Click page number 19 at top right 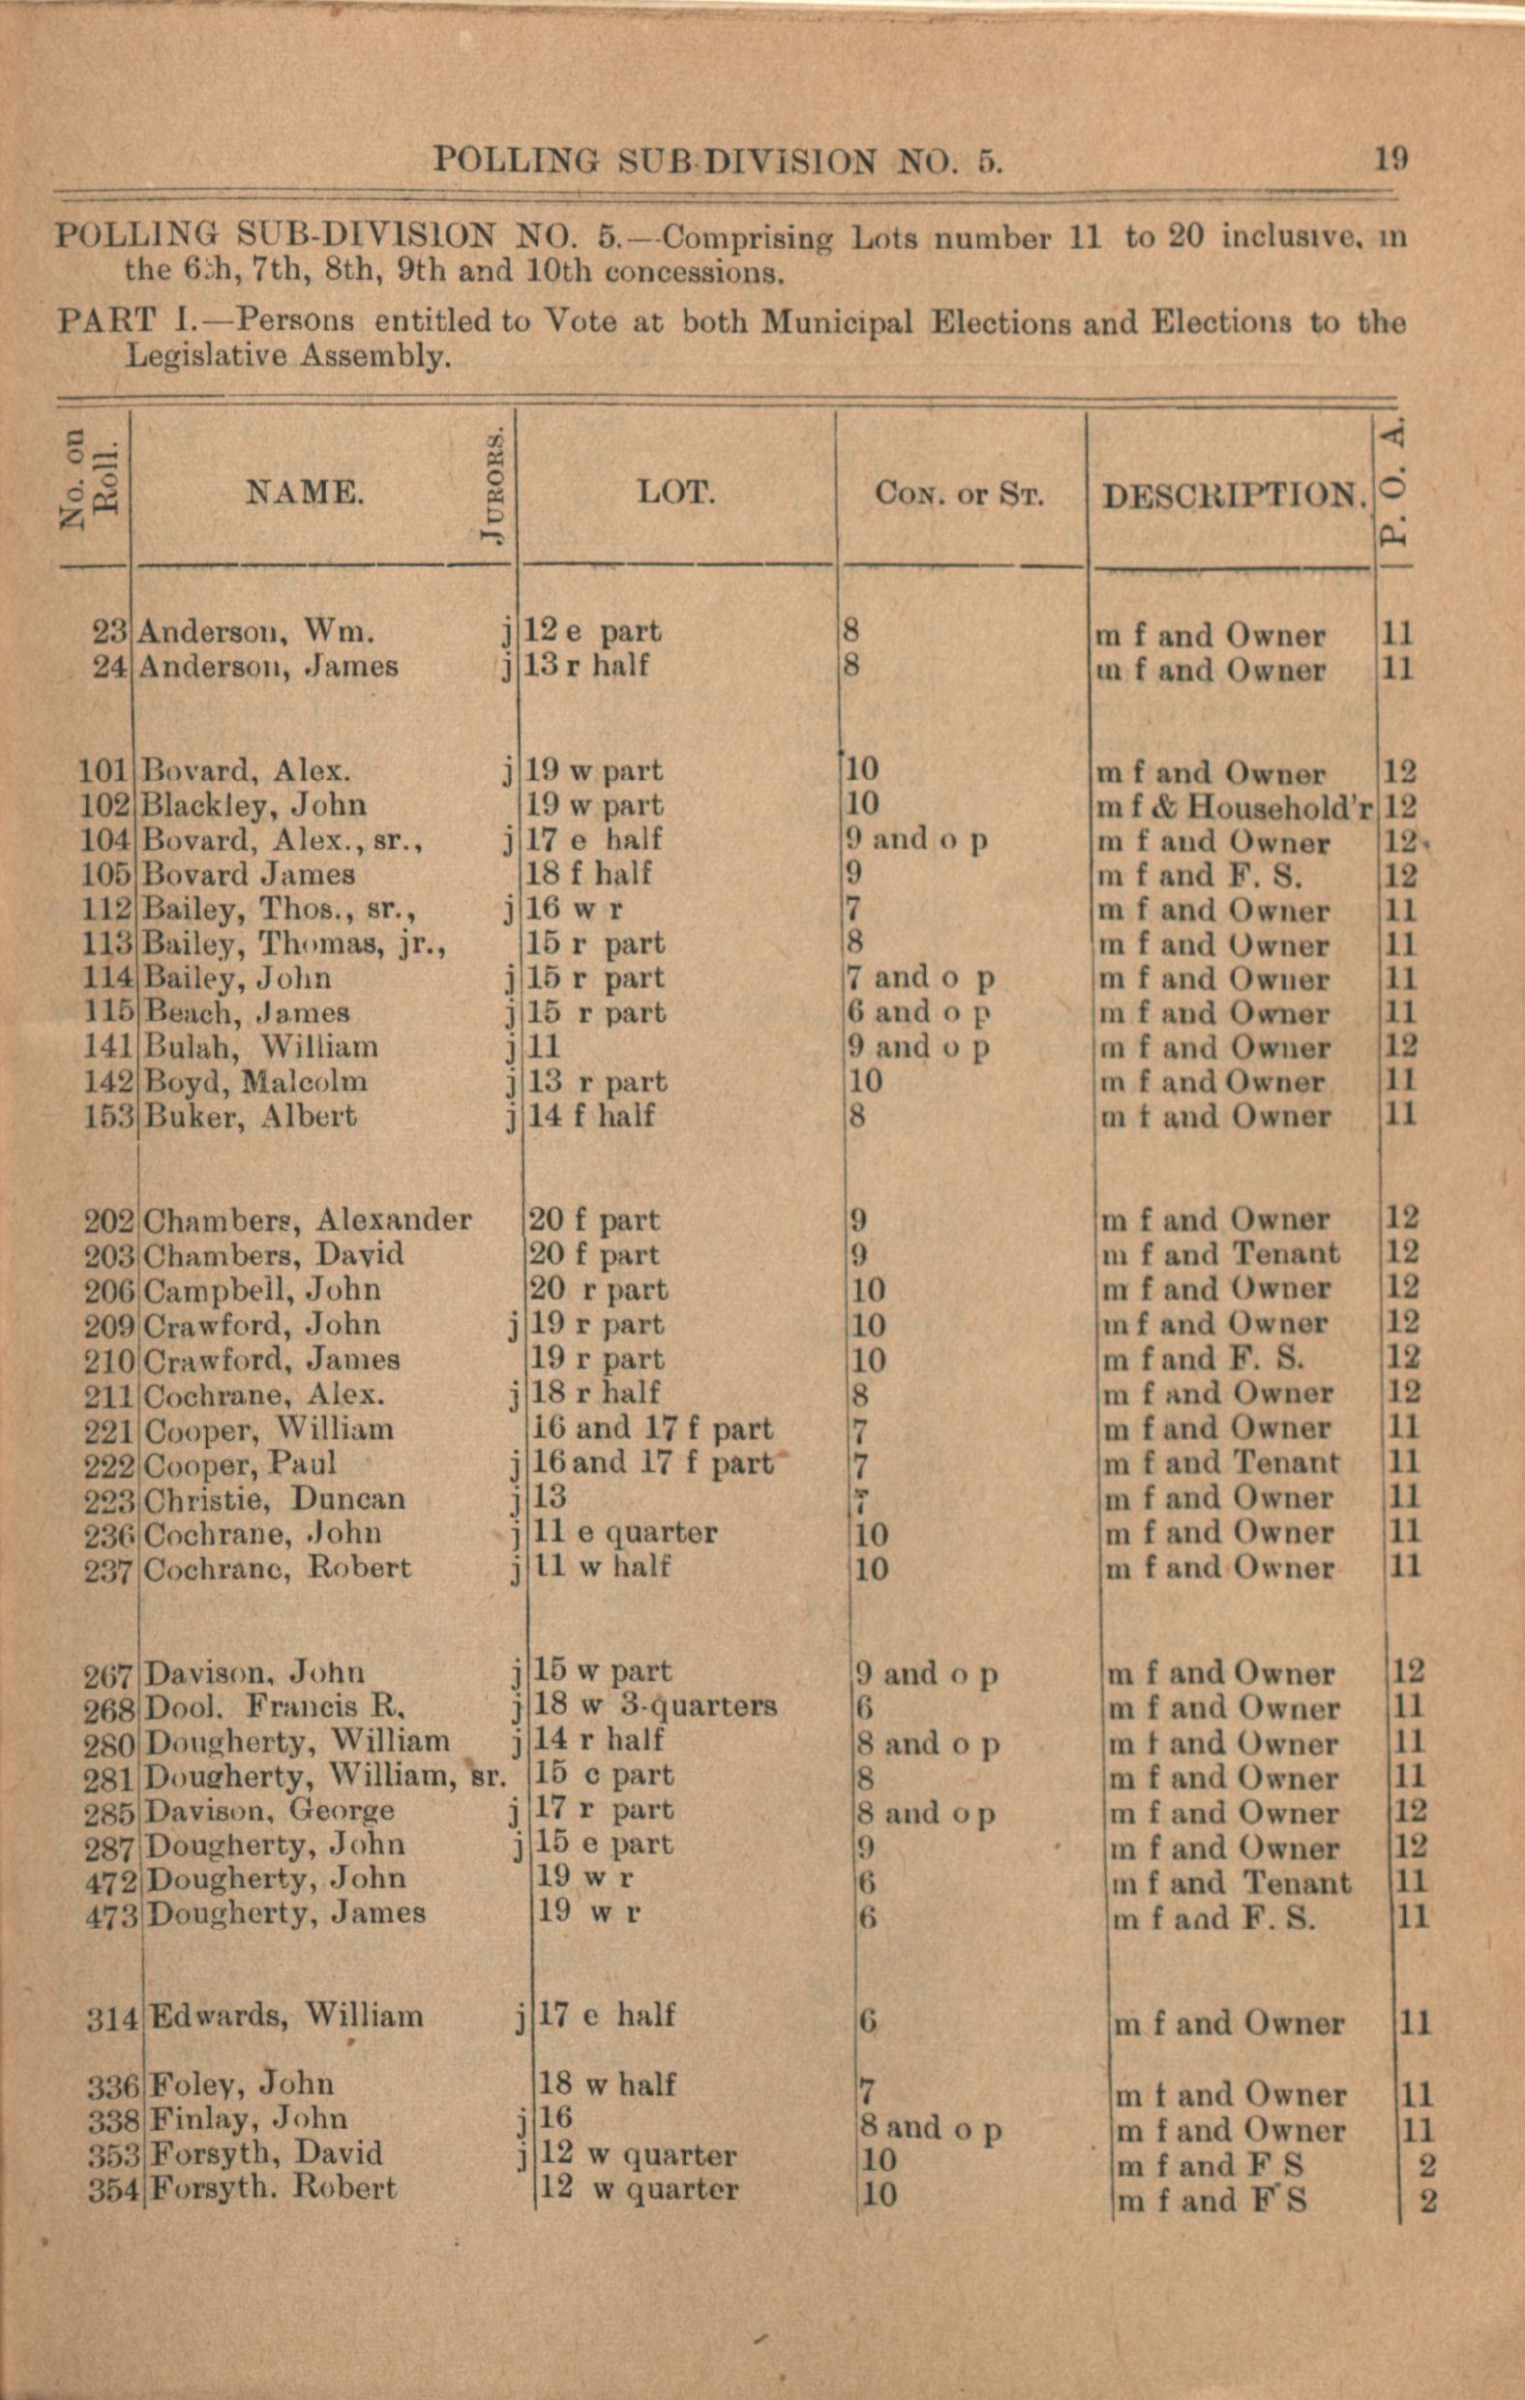(x=1391, y=159)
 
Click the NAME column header (x=305, y=492)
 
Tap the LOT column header (x=675, y=492)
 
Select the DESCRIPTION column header (x=1233, y=495)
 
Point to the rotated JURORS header (x=493, y=488)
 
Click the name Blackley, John (x=255, y=804)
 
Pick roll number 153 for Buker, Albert (x=108, y=1116)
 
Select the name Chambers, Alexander (x=308, y=1220)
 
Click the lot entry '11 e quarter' (x=625, y=1532)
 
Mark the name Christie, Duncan (x=275, y=1498)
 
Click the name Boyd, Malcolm (x=256, y=1081)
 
